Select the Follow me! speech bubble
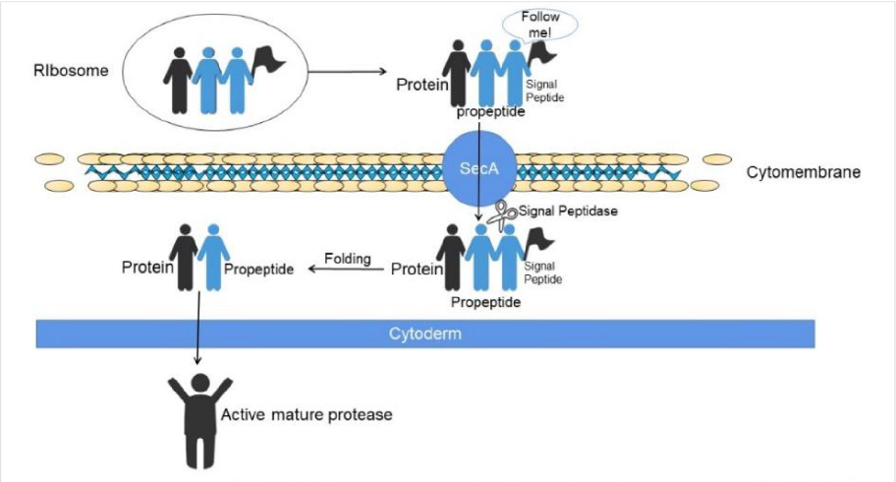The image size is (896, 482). click(x=537, y=25)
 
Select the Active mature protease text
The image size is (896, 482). click(x=307, y=415)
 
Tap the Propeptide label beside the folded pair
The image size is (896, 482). click(x=259, y=269)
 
